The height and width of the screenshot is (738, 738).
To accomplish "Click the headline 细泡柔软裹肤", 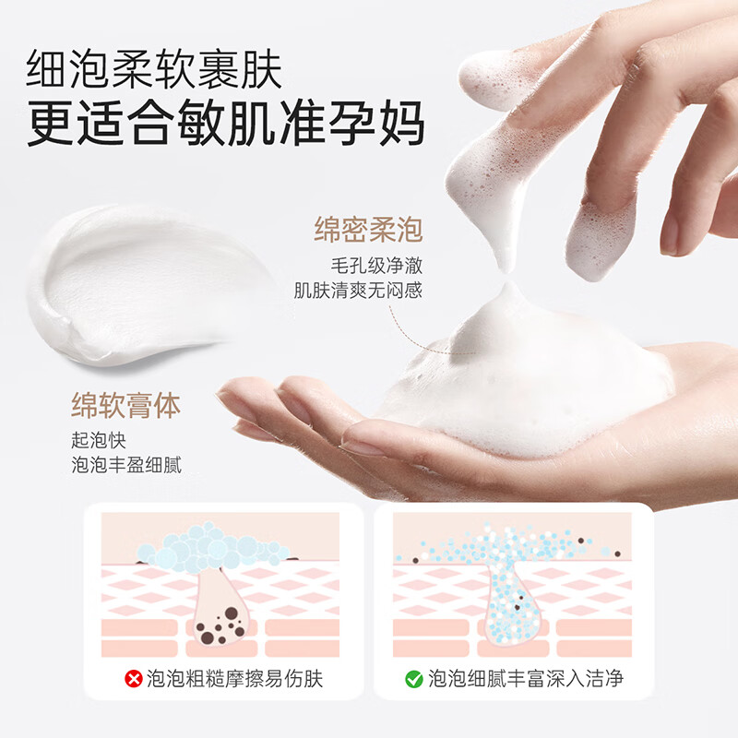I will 154,69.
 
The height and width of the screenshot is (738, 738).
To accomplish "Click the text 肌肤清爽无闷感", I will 358,292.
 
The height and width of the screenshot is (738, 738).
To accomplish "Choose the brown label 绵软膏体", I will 125,405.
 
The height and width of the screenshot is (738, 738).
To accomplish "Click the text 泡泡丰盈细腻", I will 126,463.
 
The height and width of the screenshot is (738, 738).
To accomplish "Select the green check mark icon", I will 414,681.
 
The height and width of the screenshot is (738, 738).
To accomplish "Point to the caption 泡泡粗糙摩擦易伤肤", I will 235,681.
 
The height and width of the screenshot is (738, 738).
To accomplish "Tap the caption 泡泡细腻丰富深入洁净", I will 526,681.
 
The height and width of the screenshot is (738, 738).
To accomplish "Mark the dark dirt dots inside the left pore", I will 220,630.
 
